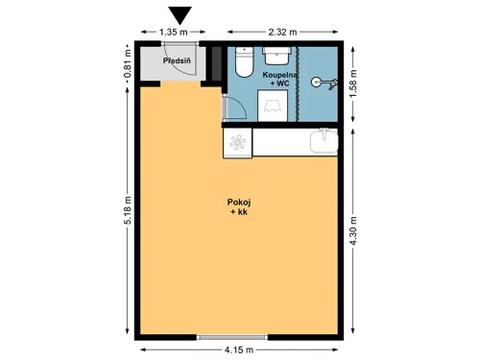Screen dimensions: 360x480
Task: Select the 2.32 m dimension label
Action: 283,32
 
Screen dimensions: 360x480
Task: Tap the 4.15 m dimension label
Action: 239,350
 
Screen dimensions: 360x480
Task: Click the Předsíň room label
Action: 178,62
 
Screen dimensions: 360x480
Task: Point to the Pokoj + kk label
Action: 239,206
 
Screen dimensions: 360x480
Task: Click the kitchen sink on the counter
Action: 324,143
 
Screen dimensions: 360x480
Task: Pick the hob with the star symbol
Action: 237,143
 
